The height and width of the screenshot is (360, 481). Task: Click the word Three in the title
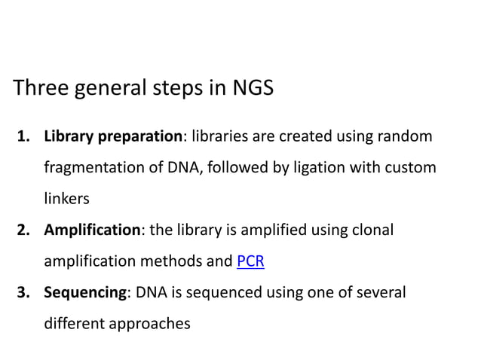click(41, 89)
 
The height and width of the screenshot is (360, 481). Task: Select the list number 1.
click(23, 137)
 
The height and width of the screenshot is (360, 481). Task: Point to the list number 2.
click(23, 230)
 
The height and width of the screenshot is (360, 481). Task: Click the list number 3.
click(23, 291)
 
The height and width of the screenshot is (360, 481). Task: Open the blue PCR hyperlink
click(250, 262)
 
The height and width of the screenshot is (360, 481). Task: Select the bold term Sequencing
click(84, 291)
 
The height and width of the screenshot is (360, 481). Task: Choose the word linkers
click(67, 199)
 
